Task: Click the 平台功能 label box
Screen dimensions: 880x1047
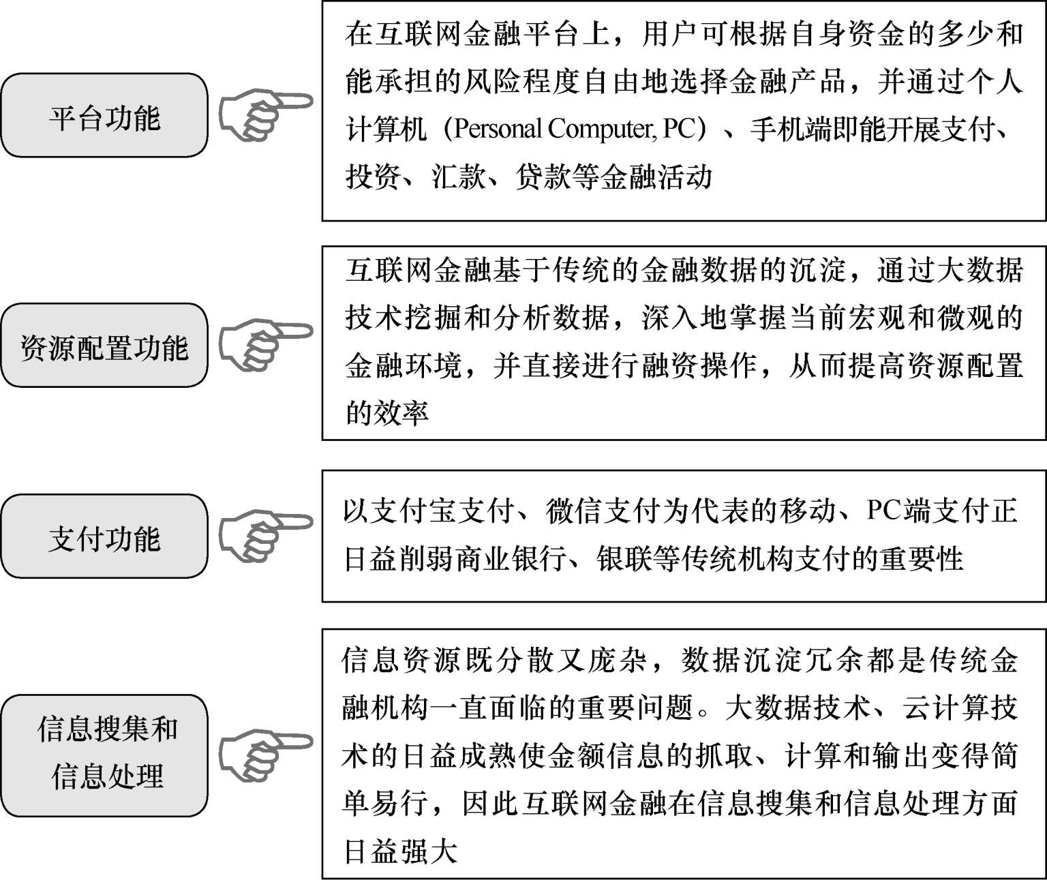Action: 104,116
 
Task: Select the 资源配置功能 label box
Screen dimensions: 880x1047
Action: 104,346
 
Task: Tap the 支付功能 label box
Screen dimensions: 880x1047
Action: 104,537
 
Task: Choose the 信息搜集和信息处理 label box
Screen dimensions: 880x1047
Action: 104,753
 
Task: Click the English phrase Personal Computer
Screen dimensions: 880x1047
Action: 550,129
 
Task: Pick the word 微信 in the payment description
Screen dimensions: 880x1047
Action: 575,511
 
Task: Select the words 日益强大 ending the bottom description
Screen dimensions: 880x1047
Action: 399,851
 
